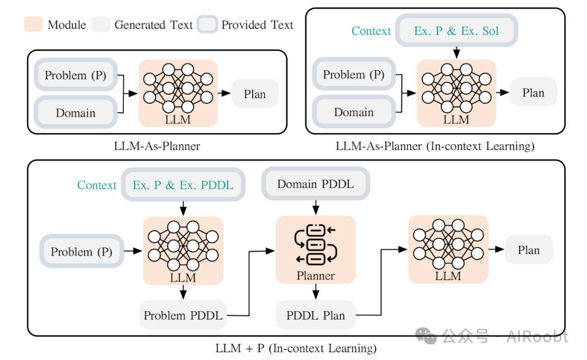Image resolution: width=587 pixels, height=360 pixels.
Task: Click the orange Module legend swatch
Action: pyautogui.click(x=33, y=24)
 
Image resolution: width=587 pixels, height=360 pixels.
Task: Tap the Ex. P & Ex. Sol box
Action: pyautogui.click(x=456, y=31)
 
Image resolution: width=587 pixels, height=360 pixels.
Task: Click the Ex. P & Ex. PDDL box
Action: pyautogui.click(x=183, y=185)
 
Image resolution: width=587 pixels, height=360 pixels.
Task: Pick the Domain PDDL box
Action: pyautogui.click(x=315, y=184)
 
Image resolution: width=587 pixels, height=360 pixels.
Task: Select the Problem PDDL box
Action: pyautogui.click(x=183, y=315)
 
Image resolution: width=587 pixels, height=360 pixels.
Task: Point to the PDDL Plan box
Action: pyautogui.click(x=315, y=315)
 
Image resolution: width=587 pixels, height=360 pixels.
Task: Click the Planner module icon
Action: pyautogui.click(x=316, y=243)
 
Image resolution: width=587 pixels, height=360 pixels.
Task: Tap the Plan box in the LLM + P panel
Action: pyautogui.click(x=528, y=250)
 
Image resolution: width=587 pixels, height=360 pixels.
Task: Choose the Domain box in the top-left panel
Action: pyautogui.click(x=76, y=113)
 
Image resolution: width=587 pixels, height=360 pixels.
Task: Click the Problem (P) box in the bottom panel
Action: pyautogui.click(x=82, y=252)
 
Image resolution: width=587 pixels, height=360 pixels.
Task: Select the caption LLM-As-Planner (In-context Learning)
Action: pyautogui.click(x=435, y=146)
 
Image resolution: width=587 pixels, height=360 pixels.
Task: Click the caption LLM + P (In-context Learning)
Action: pyautogui.click(x=296, y=348)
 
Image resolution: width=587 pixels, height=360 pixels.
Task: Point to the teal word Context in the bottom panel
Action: pyautogui.click(x=97, y=185)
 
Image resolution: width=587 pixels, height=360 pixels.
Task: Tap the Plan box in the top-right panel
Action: pyautogui.click(x=533, y=92)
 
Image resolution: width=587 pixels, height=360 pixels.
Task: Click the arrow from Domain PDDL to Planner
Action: pyautogui.click(x=315, y=207)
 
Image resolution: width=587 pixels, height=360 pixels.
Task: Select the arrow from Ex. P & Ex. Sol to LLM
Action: pyautogui.click(x=456, y=52)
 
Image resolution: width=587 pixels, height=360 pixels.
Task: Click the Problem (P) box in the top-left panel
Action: pyautogui.click(x=76, y=75)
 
